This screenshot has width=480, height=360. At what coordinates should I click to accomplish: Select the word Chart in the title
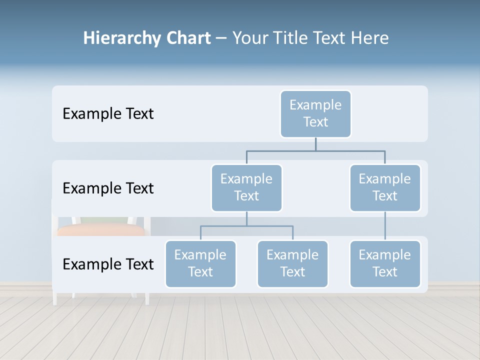(x=186, y=38)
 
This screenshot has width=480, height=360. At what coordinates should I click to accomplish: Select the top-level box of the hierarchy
(x=315, y=113)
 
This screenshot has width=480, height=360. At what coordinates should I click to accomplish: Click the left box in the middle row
(x=246, y=187)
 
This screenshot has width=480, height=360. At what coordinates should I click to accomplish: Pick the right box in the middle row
(x=385, y=187)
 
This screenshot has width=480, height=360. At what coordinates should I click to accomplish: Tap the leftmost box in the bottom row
(x=200, y=263)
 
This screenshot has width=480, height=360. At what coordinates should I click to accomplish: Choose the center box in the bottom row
(x=292, y=263)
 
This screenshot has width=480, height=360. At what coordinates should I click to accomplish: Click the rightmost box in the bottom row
(x=385, y=263)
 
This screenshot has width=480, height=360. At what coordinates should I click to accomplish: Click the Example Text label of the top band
(x=108, y=114)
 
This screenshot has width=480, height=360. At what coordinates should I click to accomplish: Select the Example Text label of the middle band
(x=108, y=188)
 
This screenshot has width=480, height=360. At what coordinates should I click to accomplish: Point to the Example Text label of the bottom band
(x=108, y=264)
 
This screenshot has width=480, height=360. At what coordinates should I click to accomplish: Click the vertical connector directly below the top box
(x=315, y=144)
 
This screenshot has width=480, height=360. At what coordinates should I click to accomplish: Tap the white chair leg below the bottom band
(x=147, y=298)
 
